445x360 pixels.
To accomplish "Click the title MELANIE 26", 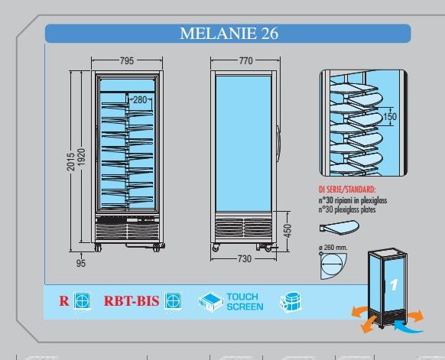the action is (x=229, y=33).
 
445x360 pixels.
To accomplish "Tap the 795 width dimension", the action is (x=127, y=60).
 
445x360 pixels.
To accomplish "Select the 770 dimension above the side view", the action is (x=245, y=60).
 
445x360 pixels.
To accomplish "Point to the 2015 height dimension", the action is (x=71, y=162).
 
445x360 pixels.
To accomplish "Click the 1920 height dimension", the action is (x=82, y=160).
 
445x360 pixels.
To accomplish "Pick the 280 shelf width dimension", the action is (x=140, y=99).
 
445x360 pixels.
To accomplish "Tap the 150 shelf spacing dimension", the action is (x=390, y=116).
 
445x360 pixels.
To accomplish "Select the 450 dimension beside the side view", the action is (x=287, y=230).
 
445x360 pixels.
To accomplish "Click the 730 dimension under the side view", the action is (x=245, y=258).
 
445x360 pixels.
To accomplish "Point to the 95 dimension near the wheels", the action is (x=81, y=263).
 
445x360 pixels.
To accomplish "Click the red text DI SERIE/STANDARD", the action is (x=347, y=190).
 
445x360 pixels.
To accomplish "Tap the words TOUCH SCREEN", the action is (x=245, y=302).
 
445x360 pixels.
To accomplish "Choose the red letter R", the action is (x=64, y=301).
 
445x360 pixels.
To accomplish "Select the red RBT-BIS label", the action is (x=132, y=301).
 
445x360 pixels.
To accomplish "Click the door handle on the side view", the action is (x=278, y=141).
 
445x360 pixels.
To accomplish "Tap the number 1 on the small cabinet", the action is (x=393, y=285).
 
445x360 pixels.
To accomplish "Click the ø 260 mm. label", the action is (x=333, y=248).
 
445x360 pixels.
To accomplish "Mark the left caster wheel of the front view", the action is (x=98, y=248).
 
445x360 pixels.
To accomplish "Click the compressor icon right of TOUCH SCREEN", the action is (x=291, y=302).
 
